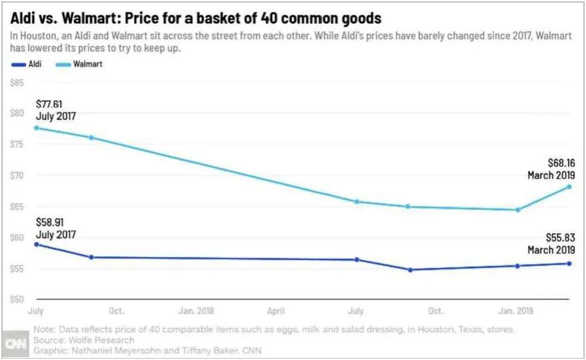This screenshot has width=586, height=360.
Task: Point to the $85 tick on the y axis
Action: pos(17,83)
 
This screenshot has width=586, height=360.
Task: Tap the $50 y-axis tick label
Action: pos(17,299)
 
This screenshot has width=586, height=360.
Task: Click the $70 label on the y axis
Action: pos(17,176)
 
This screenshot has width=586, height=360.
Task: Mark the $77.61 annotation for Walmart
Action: pos(53,104)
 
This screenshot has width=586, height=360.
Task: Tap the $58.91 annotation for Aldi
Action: pos(53,223)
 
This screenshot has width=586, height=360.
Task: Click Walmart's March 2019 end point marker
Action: pos(569,187)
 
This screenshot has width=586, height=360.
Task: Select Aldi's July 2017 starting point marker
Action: pos(36,244)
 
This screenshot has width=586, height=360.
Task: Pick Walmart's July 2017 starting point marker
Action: pos(36,127)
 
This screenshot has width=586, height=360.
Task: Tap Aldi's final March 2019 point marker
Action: pos(569,263)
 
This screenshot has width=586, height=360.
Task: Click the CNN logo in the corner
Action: pos(14,343)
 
